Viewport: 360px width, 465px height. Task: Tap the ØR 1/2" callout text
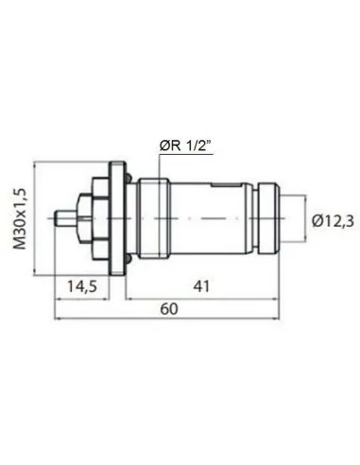pyautogui.click(x=185, y=143)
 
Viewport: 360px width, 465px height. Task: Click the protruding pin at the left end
pyautogui.click(x=66, y=218)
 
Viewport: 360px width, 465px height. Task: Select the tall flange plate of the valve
pyautogui.click(x=117, y=218)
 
